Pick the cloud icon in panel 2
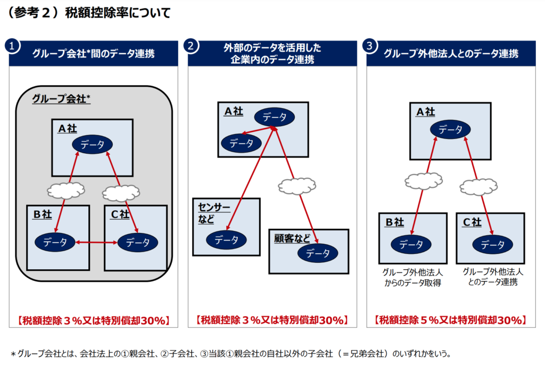point(296,185)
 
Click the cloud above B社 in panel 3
point(423,181)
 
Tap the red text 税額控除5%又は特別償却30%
point(450,320)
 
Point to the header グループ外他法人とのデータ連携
point(450,54)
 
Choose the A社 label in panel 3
point(425,112)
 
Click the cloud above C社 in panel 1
point(121,192)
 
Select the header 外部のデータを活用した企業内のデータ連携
point(272,54)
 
